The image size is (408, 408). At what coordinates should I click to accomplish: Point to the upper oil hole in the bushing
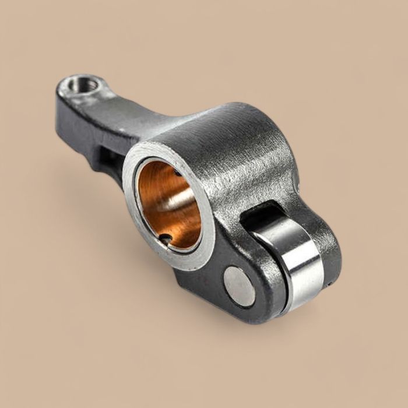[176, 172]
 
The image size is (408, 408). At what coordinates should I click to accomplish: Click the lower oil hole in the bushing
[167, 238]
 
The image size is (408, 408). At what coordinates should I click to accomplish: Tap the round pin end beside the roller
[239, 286]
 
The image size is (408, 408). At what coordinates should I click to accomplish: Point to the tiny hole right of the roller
[329, 284]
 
